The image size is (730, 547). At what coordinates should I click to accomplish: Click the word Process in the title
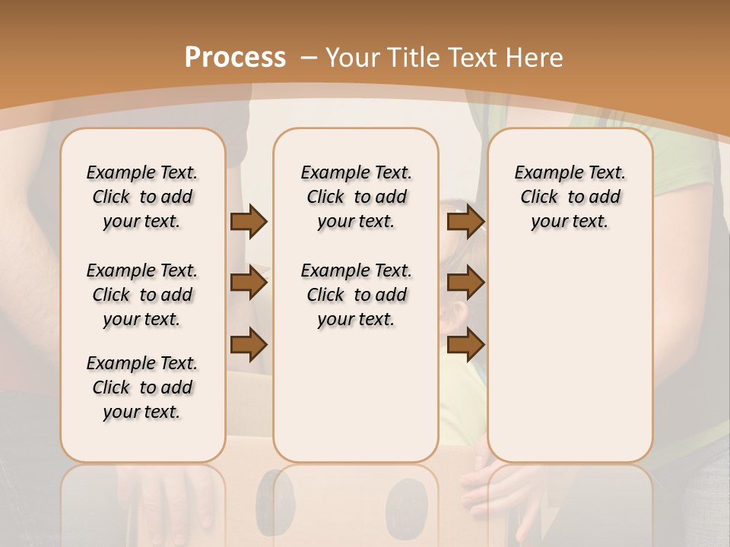click(x=235, y=58)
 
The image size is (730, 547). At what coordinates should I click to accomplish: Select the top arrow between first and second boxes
click(x=249, y=222)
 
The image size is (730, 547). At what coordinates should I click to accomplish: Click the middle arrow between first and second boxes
click(x=249, y=283)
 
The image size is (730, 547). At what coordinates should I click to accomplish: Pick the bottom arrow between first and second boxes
click(x=249, y=344)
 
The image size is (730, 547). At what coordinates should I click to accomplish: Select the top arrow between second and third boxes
click(x=465, y=222)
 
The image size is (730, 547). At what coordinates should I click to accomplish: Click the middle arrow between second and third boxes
click(x=465, y=283)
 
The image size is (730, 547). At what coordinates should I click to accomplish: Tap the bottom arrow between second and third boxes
click(x=465, y=344)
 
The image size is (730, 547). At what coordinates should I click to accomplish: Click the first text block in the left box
click(x=142, y=197)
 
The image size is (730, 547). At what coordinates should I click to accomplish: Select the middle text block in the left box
click(x=142, y=295)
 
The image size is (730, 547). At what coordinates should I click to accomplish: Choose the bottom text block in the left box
click(x=142, y=387)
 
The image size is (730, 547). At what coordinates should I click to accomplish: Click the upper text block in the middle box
click(x=356, y=197)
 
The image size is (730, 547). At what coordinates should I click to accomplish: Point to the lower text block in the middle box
click(x=356, y=295)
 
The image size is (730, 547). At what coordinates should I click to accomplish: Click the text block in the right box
click(x=570, y=197)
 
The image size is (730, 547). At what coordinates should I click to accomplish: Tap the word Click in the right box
click(x=539, y=198)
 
